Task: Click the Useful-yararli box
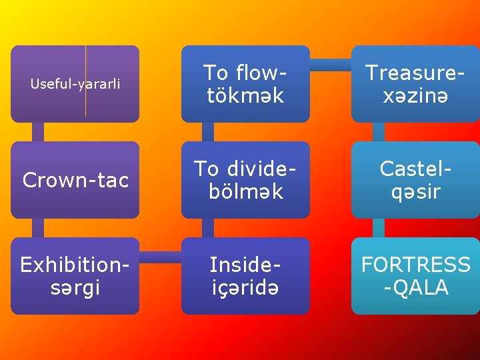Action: point(75,83)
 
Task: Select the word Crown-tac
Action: point(75,180)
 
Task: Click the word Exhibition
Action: point(75,265)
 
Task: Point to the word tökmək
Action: point(245,95)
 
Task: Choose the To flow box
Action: point(245,83)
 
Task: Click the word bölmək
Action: point(245,191)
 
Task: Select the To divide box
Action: point(245,179)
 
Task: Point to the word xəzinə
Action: point(415,95)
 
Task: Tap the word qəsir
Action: point(415,191)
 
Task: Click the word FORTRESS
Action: point(415,265)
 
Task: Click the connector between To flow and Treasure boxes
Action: point(331,65)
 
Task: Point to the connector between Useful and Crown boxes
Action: point(38,132)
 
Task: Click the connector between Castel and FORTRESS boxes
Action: point(379,228)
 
